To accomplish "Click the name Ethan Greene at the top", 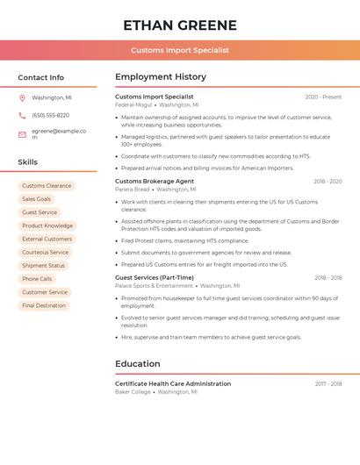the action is click(180, 25).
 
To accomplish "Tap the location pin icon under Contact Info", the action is click(22, 97).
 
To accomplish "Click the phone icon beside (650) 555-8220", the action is click(22, 115).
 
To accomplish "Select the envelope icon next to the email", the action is click(22, 134).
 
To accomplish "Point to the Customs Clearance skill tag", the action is click(47, 186).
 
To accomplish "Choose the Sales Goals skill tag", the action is click(37, 199).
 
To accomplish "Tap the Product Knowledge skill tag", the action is click(47, 225).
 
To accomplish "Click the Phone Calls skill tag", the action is click(37, 279).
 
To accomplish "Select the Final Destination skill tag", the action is click(44, 305).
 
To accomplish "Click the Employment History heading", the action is click(161, 77).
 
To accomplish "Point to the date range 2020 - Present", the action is click(323, 97).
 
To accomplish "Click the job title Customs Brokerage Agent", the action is click(155, 181).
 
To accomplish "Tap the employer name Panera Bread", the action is click(133, 190).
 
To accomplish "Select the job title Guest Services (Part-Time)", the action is click(155, 277).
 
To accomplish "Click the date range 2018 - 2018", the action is click(328, 277).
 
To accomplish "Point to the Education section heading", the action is click(138, 363).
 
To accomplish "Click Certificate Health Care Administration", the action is click(173, 383).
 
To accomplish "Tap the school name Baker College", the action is click(133, 392).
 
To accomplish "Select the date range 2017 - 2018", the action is click(328, 383).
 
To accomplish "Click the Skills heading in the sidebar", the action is click(28, 162).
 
